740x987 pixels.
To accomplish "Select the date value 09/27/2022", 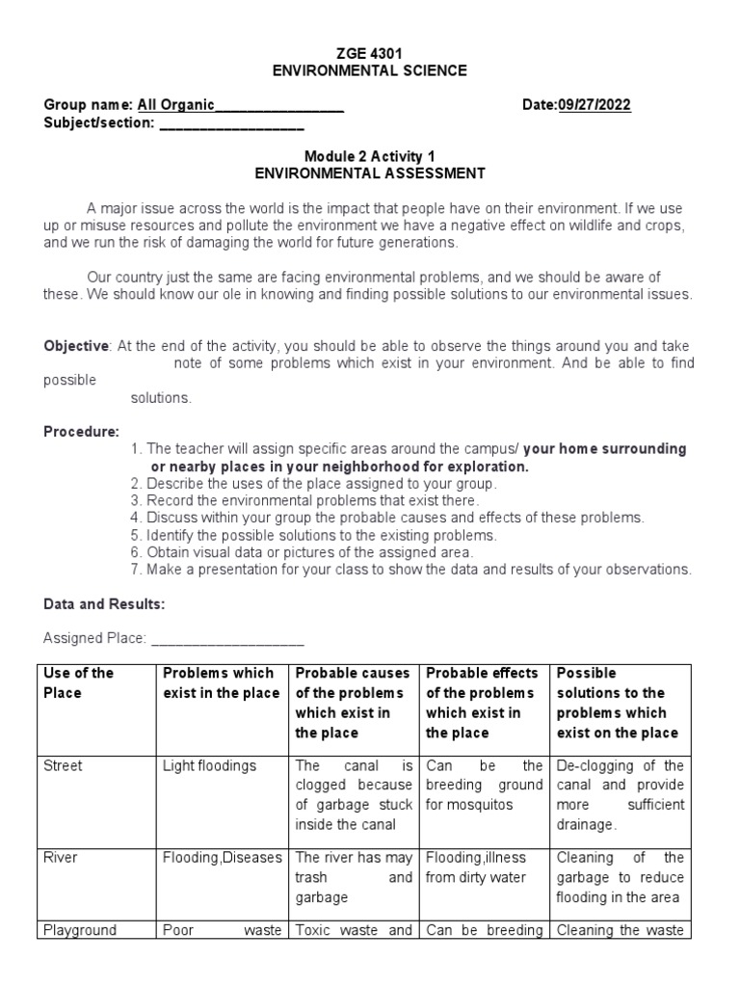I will coord(595,105).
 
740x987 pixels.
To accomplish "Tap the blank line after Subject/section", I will coord(231,124).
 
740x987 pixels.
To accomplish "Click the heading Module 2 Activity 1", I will coord(370,155).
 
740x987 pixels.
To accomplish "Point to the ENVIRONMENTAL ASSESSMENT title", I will coord(370,173).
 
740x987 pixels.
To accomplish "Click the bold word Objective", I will coord(77,346).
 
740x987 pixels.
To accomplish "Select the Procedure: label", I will coord(82,431).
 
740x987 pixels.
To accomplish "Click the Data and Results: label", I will coord(104,604).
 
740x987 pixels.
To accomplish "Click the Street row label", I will coord(64,765).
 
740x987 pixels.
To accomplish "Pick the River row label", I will coord(60,857).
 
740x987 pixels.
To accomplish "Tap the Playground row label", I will coord(80,930).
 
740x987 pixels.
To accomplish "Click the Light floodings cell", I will coord(209,765).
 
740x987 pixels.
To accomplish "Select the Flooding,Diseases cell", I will coord(222,857).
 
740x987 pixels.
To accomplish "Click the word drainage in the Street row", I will coord(586,824).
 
